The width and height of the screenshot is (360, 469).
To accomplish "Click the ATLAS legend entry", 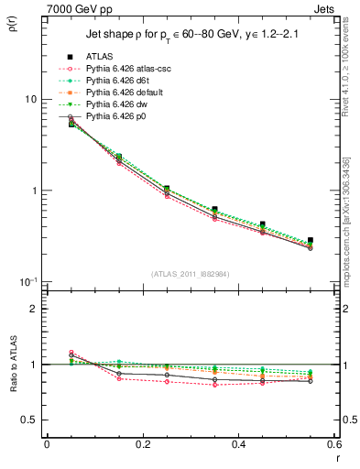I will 101,57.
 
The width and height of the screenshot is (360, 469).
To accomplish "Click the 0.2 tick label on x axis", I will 142,444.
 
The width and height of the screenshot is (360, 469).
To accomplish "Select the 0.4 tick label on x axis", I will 238,444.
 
